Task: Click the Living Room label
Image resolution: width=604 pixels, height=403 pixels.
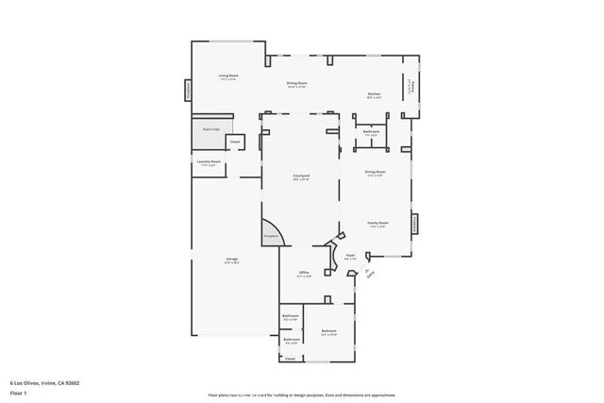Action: pos(227,76)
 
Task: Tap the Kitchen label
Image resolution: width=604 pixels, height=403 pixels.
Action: pos(374,93)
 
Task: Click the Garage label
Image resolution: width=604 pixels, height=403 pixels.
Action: pos(231,260)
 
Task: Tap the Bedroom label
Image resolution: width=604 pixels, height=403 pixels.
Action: pos(328,331)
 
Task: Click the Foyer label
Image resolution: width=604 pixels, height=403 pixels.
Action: pos(350,256)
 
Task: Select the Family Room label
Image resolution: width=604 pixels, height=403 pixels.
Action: pos(379,225)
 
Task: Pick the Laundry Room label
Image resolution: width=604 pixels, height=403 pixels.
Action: pos(209,163)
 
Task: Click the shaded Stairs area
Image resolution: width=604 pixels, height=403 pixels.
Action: pos(210,134)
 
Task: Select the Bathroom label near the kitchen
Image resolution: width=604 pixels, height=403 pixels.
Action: pos(371,132)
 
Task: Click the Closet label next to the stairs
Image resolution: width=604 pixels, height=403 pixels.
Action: pos(235,143)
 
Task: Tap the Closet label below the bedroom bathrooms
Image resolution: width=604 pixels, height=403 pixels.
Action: pos(291,359)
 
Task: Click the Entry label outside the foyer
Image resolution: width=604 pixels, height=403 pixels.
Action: pos(369,275)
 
